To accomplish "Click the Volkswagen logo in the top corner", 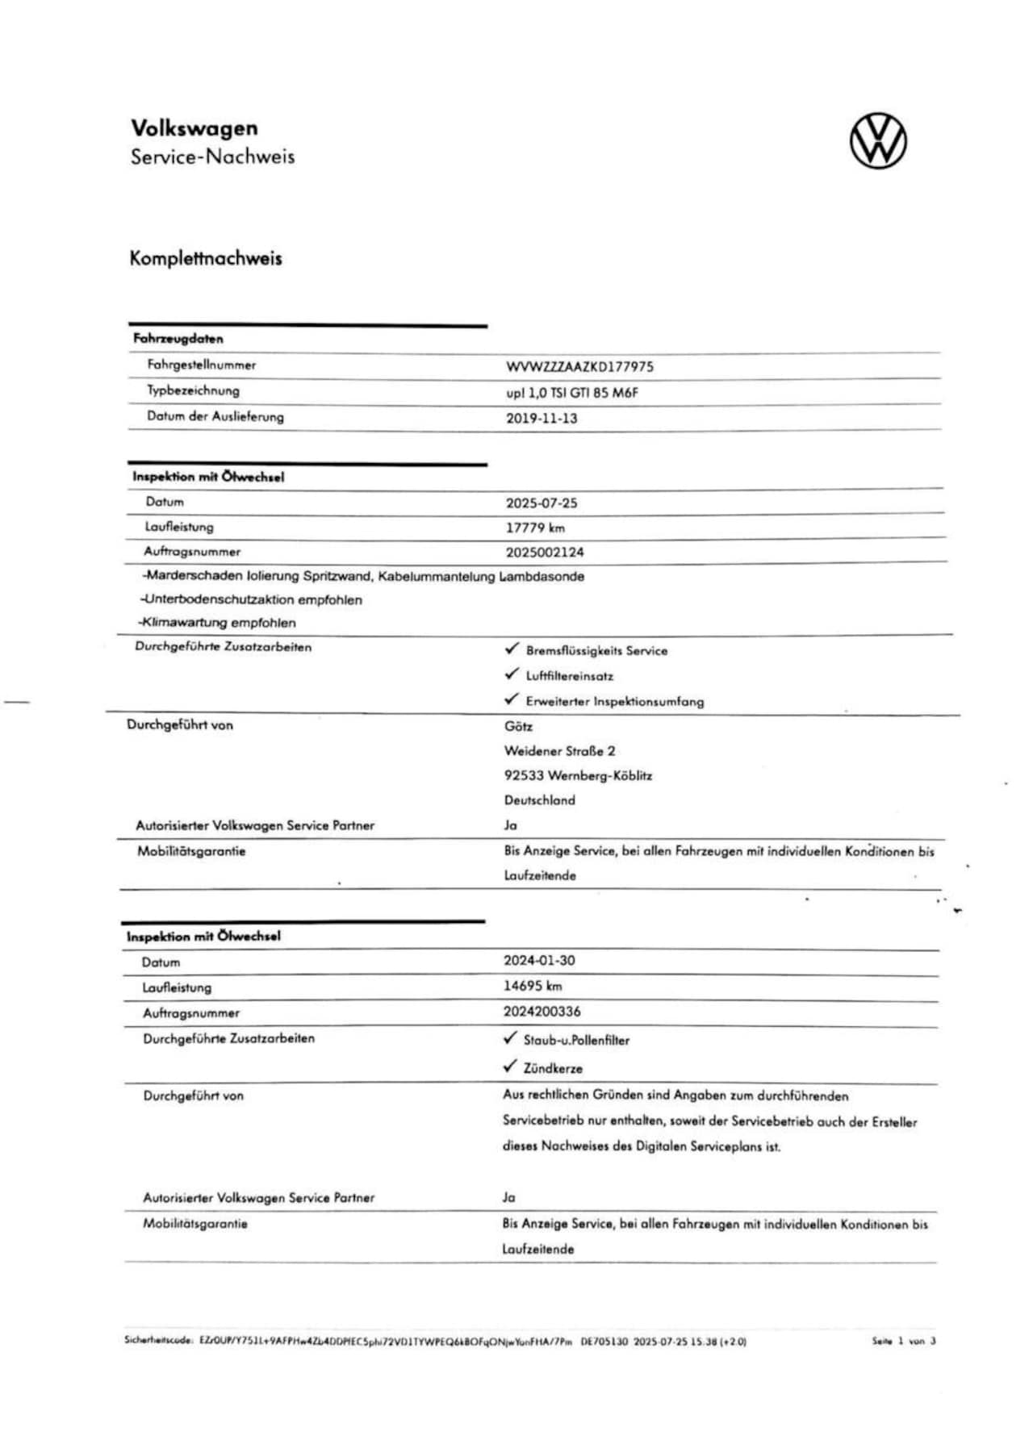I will click(878, 141).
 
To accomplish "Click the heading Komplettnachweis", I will click(206, 259).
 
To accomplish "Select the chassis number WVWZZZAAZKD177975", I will click(579, 367).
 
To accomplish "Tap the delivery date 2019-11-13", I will click(542, 418).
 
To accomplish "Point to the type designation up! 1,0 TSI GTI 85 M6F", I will click(572, 393).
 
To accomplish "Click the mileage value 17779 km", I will click(535, 528).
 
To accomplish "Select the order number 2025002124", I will click(545, 553).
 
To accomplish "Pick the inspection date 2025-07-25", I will click(542, 503).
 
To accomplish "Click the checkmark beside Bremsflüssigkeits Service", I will click(512, 649).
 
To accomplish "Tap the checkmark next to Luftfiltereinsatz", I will click(512, 674).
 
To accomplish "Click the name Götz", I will click(518, 726).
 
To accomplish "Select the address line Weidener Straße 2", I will click(559, 751).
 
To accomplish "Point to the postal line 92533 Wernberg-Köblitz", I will click(578, 776).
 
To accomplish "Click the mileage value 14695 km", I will click(533, 986).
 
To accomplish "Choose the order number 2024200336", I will click(542, 1012).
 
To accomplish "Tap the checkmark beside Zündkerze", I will click(509, 1066).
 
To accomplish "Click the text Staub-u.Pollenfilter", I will click(576, 1041).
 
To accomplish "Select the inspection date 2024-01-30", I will click(539, 961).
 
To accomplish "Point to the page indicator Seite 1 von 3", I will click(903, 1341).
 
